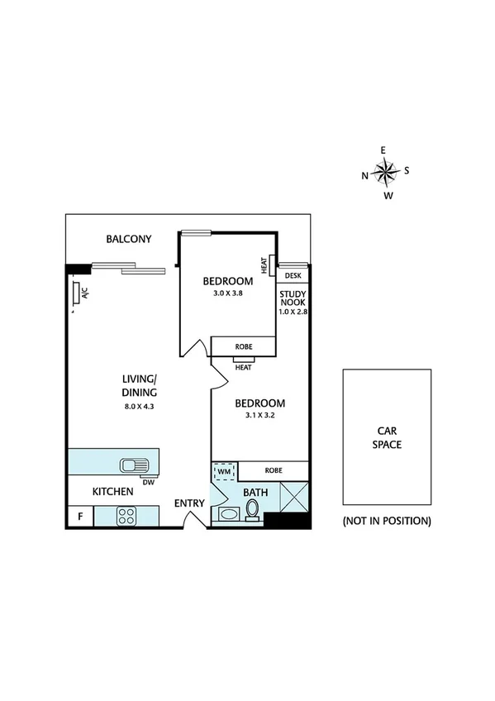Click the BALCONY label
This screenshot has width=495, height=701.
coord(128,240)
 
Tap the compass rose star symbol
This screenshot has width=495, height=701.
coord(384,172)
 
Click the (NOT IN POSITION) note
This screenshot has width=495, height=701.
coord(387,521)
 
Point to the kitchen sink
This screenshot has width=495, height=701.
coord(133,465)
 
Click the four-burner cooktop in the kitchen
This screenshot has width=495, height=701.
coord(127,516)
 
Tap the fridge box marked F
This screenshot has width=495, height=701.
coord(79,517)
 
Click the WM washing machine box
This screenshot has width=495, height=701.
coord(224,472)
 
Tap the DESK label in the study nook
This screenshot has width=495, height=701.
coord(293,275)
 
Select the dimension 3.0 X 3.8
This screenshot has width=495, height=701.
coord(228,293)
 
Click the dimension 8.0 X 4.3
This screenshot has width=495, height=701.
coord(140,406)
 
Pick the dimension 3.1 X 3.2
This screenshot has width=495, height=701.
coord(259,416)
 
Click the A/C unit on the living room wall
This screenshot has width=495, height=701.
coord(76,293)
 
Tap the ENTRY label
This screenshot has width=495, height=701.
coord(189,503)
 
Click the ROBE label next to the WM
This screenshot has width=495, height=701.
coord(274,470)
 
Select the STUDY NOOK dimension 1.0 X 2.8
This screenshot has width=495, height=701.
coord(293,312)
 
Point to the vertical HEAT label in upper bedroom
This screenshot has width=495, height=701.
coord(264,265)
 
